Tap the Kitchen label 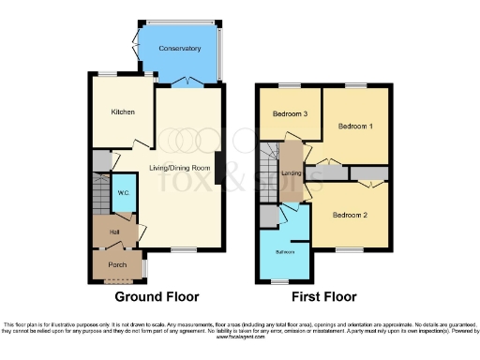click(123, 112)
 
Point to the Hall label click(113, 231)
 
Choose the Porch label click(117, 264)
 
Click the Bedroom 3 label click(290, 114)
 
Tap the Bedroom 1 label click(355, 125)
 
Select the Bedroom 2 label click(351, 214)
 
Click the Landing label click(291, 172)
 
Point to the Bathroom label click(285, 252)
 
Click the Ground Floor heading click(157, 297)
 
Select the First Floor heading click(322, 297)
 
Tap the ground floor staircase click(100, 196)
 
